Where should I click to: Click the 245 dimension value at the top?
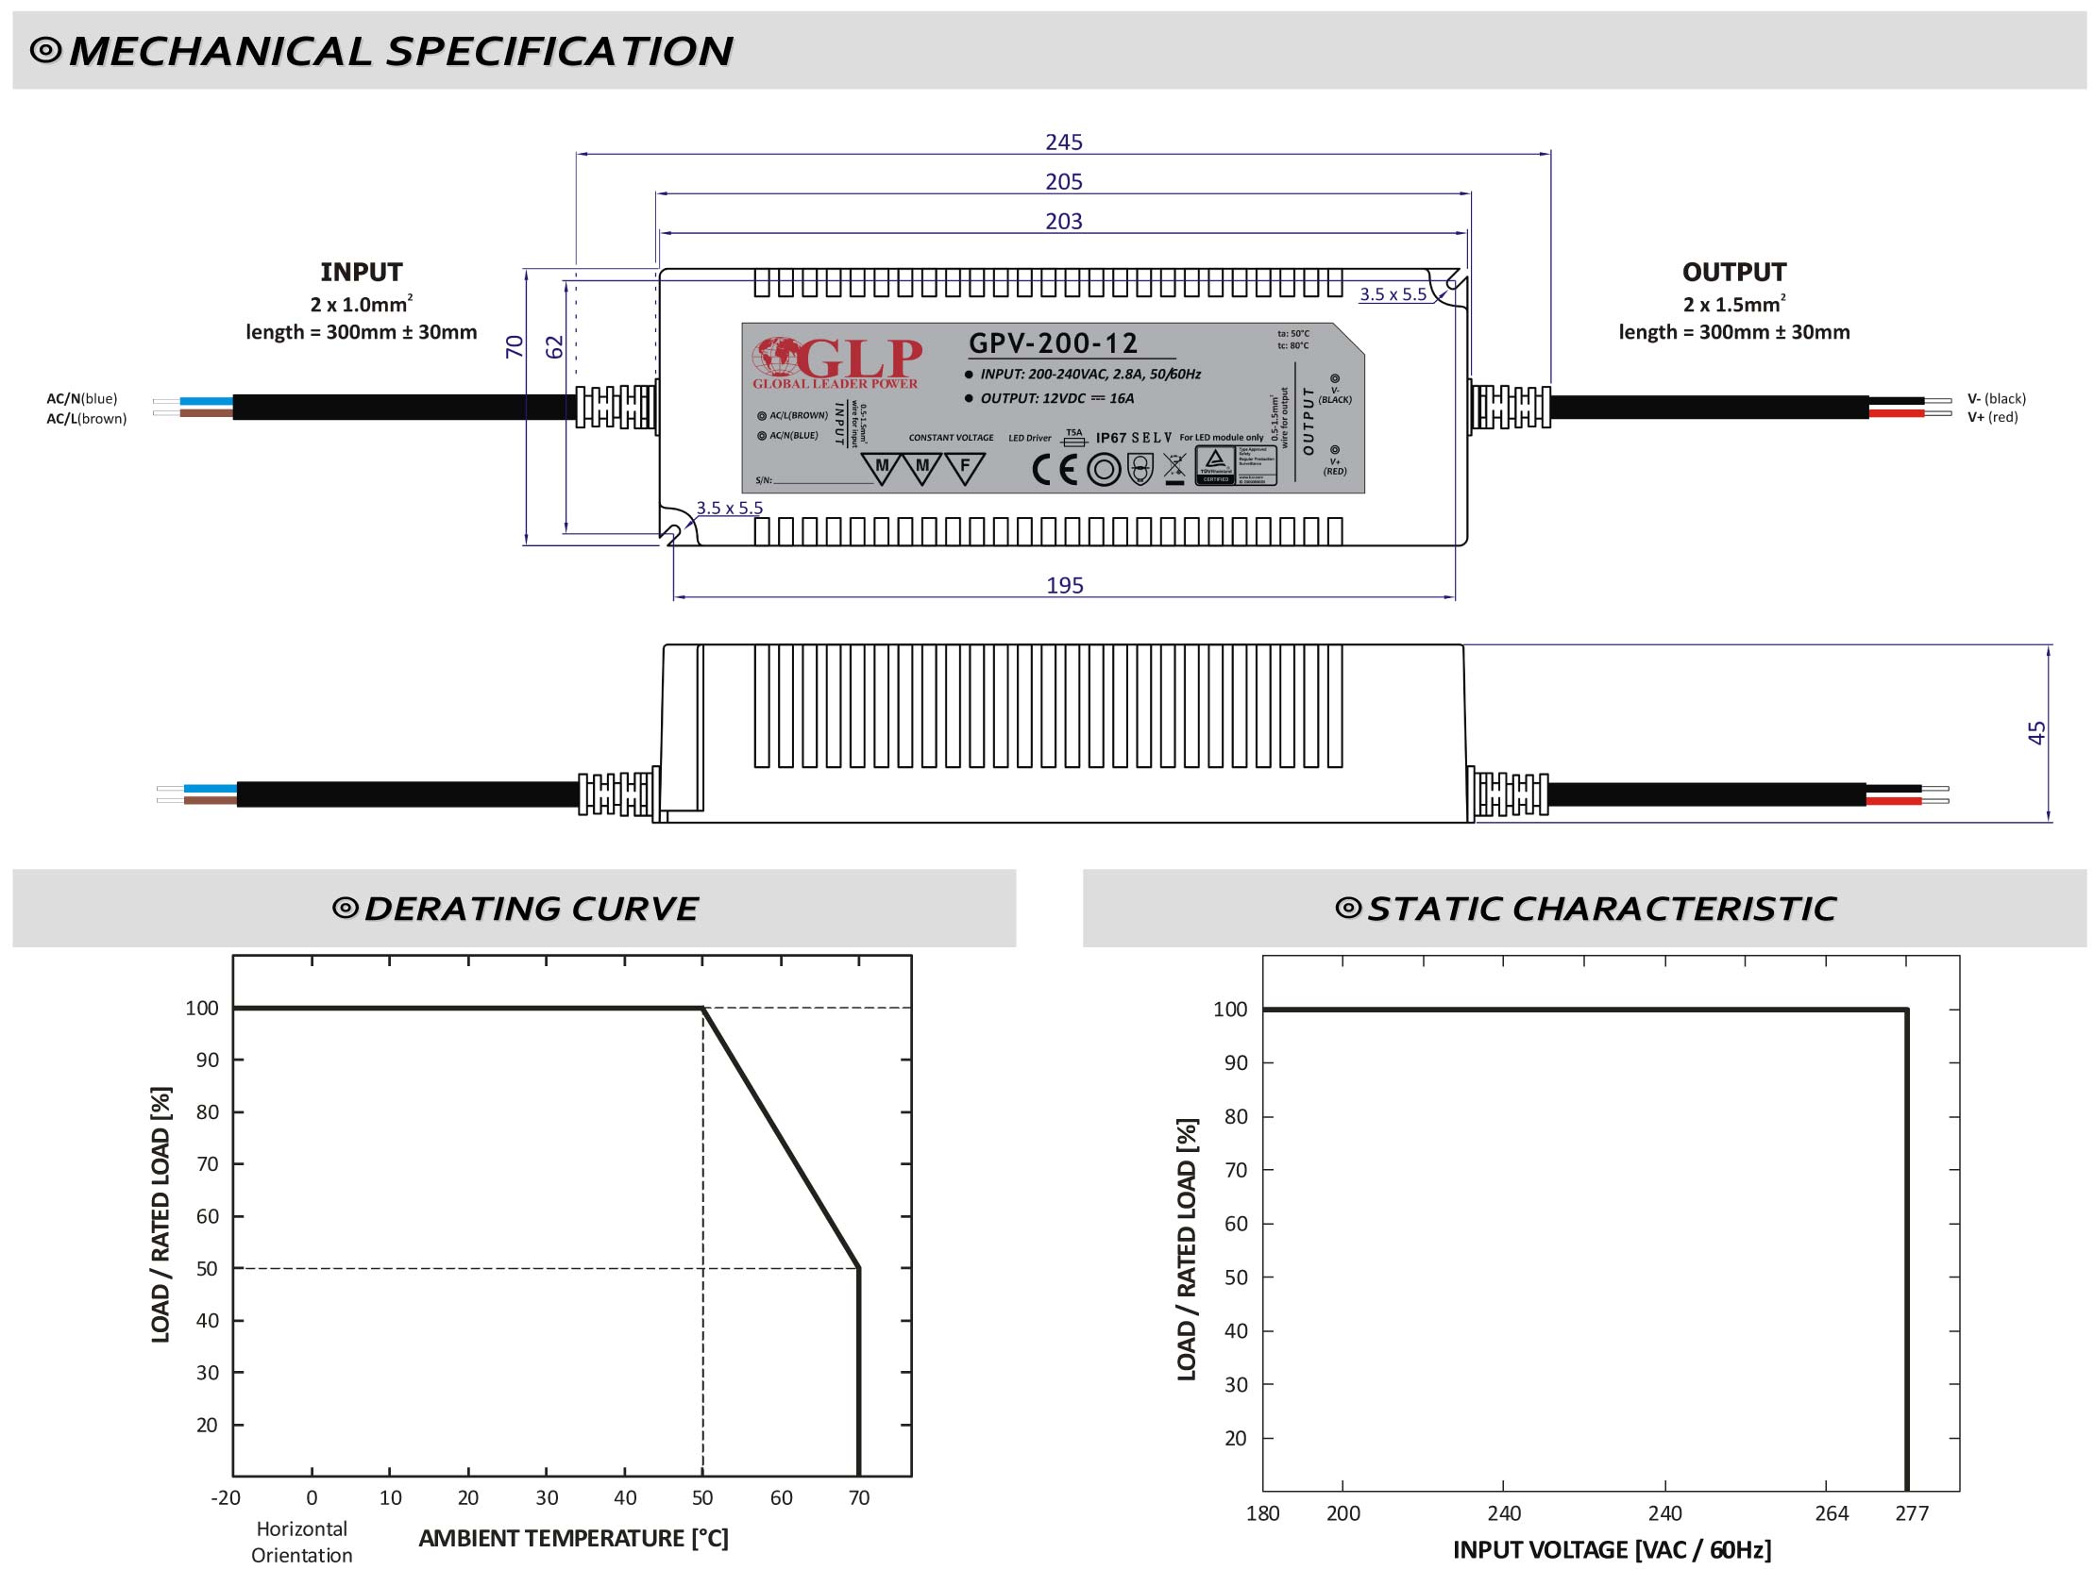click(x=1063, y=142)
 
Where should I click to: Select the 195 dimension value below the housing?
click(x=1064, y=585)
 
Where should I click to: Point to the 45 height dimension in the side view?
click(x=2036, y=732)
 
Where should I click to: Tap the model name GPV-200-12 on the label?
click(x=1053, y=342)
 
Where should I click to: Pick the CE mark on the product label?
click(x=1054, y=468)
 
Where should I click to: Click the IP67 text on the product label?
click(x=1110, y=437)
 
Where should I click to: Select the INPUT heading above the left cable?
click(x=361, y=273)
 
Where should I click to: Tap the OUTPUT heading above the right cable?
click(x=1733, y=273)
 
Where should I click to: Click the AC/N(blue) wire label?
click(x=82, y=398)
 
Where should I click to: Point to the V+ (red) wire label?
click(x=1993, y=417)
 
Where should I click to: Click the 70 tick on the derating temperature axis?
click(x=857, y=1498)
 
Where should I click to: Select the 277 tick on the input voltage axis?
click(x=1911, y=1513)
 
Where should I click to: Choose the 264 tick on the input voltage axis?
click(x=1831, y=1513)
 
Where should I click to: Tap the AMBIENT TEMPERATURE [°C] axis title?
click(x=573, y=1539)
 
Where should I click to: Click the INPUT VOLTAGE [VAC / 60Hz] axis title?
click(x=1612, y=1550)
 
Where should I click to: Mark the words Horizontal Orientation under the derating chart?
click(x=301, y=1542)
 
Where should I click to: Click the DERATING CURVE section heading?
click(x=531, y=909)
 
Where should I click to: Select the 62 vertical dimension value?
click(x=555, y=347)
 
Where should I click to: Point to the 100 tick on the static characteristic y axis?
click(x=1230, y=1010)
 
